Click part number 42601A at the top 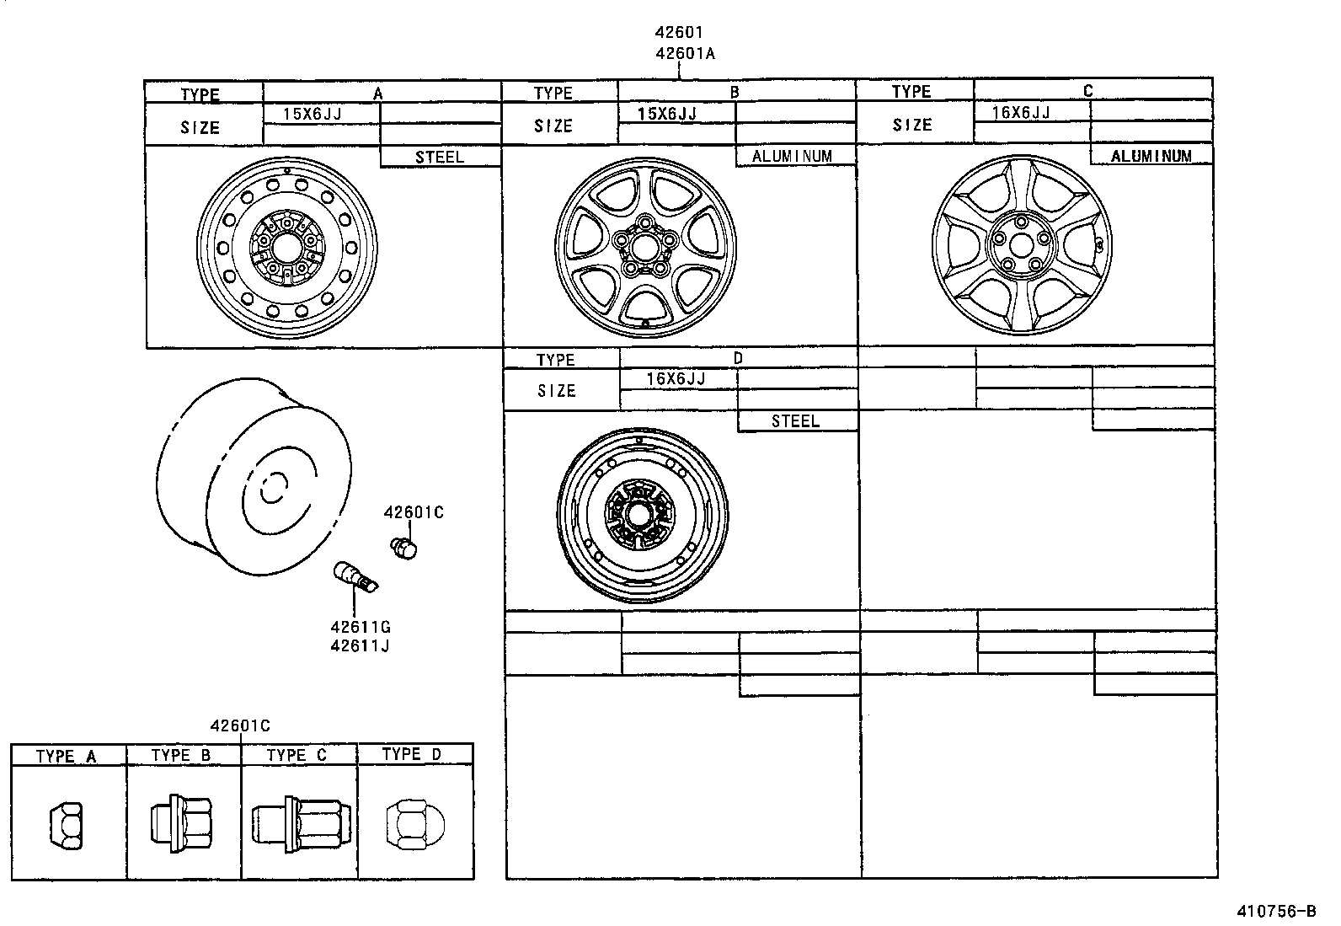685,54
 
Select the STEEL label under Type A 439,157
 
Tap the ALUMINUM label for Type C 1151,156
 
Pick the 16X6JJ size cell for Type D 676,379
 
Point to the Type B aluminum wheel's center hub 645,244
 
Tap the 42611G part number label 361,628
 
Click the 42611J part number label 360,646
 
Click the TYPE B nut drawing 182,820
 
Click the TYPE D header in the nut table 411,754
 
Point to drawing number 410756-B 1275,912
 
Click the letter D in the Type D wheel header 739,358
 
